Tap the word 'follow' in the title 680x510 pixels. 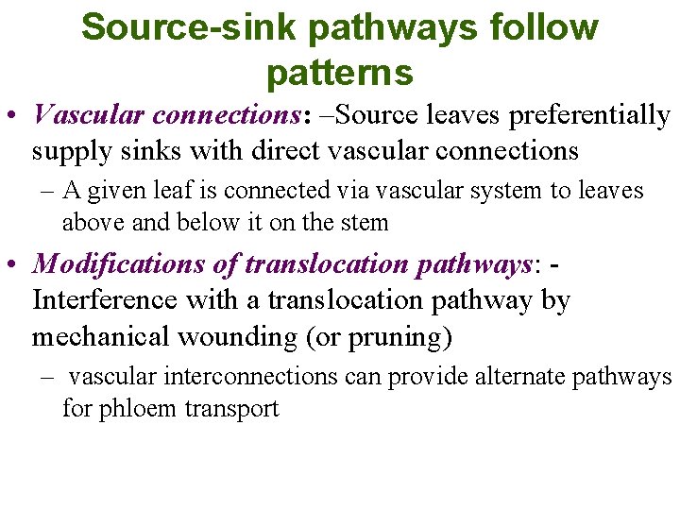(x=542, y=27)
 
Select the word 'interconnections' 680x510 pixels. (x=249, y=376)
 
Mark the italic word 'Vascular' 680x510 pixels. (x=88, y=115)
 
